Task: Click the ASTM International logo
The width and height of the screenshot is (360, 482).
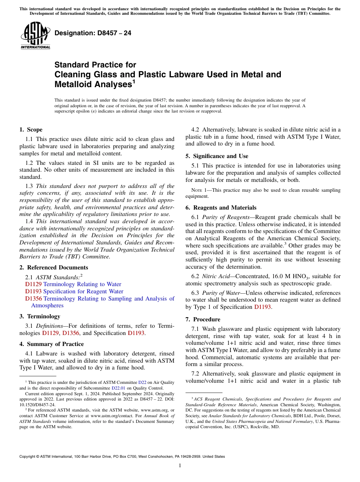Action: tap(35, 36)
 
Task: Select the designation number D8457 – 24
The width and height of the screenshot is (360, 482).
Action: tap(93, 33)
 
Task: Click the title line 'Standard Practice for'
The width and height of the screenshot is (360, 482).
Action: tap(95, 65)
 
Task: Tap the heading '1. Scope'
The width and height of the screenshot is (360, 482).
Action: tap(31, 130)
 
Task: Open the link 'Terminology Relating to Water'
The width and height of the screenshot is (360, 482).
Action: tap(82, 284)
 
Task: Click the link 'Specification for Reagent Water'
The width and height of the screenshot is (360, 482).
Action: tap(83, 291)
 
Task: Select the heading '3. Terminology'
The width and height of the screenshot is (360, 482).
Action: tap(39, 316)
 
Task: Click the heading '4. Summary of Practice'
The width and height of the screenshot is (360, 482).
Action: tap(52, 344)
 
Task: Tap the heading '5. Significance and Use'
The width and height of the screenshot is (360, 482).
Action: tap(217, 156)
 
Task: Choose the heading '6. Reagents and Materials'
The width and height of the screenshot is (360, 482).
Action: tap(221, 208)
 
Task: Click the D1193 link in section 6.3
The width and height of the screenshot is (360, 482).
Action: tap(262, 307)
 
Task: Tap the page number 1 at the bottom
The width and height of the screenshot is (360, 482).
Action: tap(180, 465)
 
